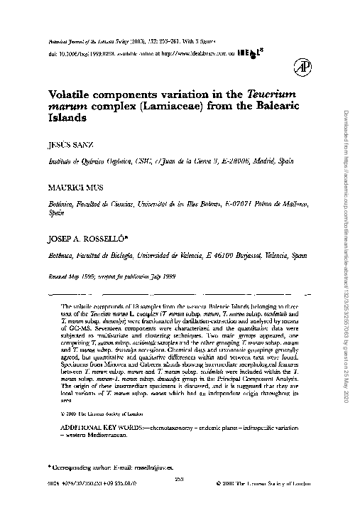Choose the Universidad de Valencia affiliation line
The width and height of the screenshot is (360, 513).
point(178,253)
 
